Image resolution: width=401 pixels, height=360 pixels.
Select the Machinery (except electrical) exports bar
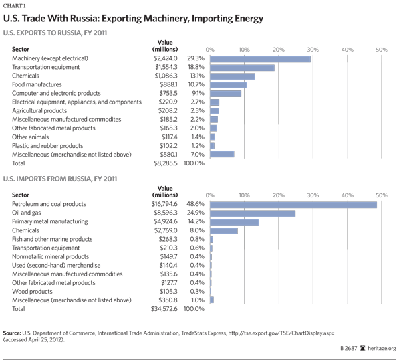coord(261,59)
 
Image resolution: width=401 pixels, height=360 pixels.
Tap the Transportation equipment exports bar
coord(243,68)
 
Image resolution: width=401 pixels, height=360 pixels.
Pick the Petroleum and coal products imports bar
coord(293,204)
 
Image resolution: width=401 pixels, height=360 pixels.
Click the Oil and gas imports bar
coord(253,213)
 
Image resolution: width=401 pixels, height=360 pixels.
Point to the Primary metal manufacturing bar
coord(235,221)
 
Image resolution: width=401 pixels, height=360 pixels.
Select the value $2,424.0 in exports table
coord(166,59)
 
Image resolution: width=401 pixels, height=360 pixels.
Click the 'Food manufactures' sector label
coord(37,85)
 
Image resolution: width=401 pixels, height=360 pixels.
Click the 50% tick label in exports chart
coord(381,50)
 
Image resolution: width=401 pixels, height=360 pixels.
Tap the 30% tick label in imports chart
coord(312,195)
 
